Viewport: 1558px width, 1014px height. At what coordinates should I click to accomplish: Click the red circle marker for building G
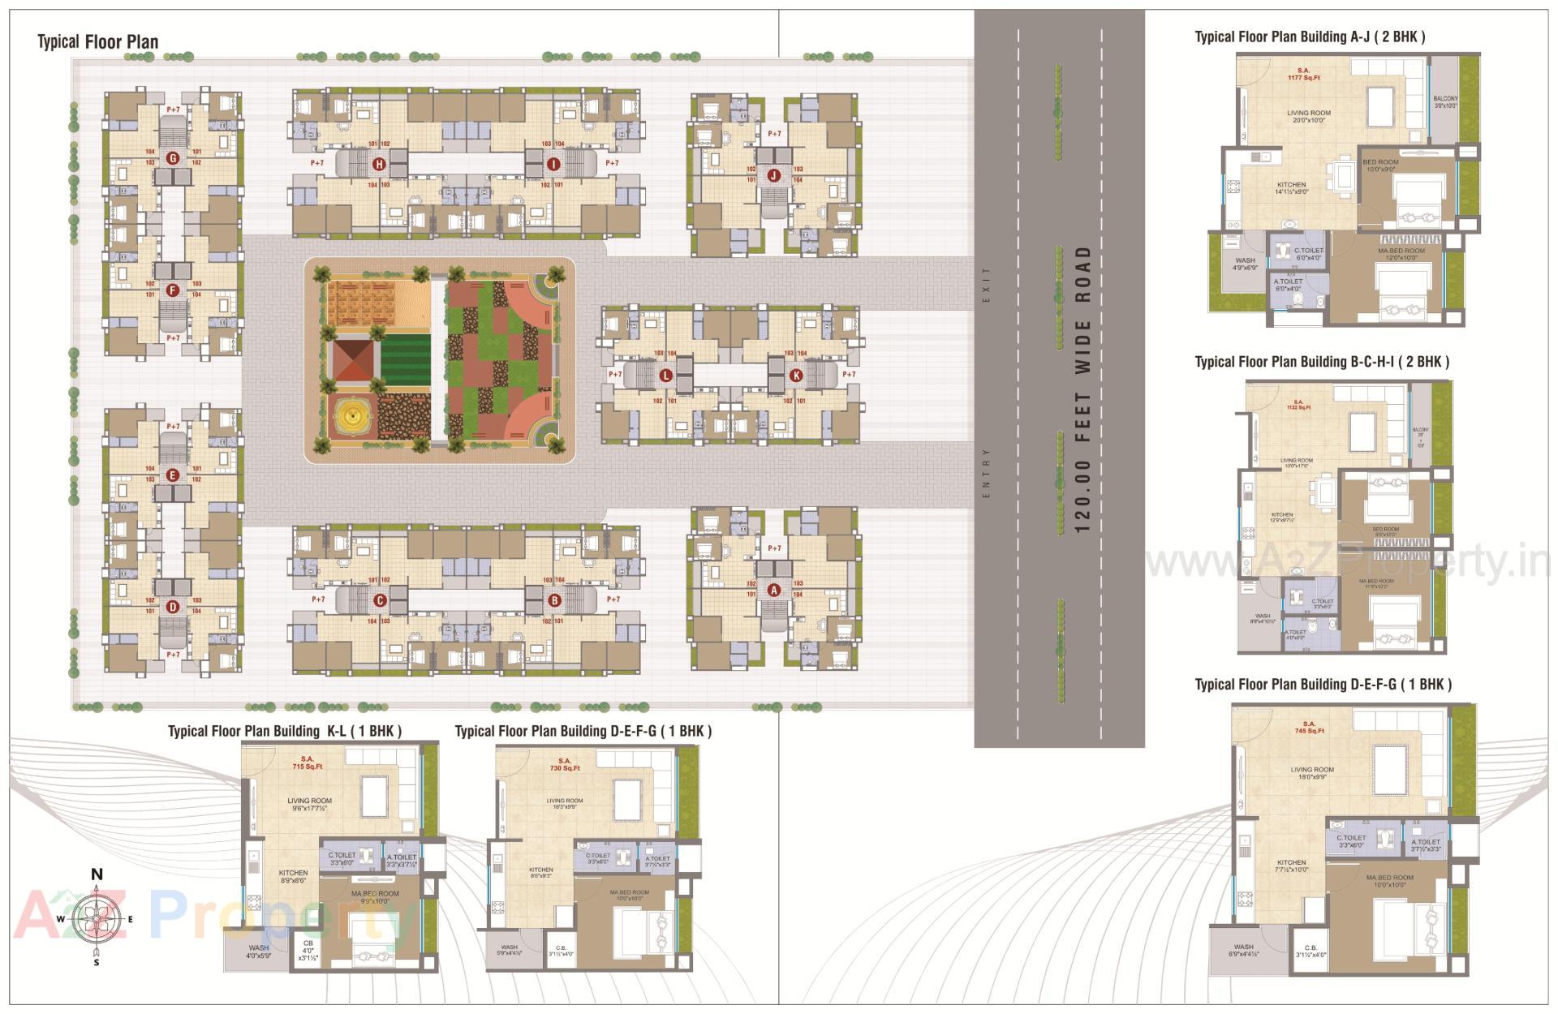[172, 158]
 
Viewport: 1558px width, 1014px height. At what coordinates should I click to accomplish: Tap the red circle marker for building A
[773, 590]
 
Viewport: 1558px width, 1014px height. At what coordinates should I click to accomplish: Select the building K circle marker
[796, 376]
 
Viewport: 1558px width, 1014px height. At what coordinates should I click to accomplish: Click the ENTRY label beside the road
[987, 472]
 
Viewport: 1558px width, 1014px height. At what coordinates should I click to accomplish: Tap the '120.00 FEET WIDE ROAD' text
[1082, 389]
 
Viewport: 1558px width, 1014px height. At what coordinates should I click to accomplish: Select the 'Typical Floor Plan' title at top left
[97, 42]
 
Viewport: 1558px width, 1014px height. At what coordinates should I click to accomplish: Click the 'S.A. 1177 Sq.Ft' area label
[1305, 75]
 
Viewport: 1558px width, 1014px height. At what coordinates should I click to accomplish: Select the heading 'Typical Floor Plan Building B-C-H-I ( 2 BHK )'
[1321, 362]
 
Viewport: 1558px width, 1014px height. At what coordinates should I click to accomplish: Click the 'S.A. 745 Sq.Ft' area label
[1309, 727]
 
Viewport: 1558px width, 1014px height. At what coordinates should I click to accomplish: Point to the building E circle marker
[172, 476]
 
